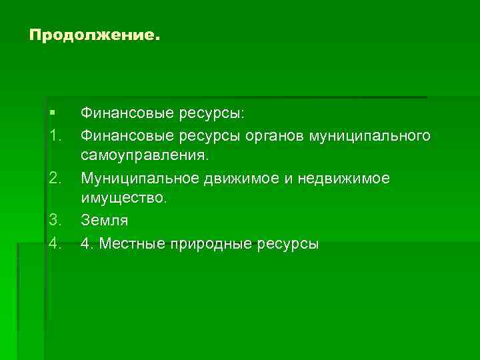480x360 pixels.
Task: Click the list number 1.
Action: (55, 136)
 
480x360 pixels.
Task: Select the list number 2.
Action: (55, 178)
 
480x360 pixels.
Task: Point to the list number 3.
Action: (55, 219)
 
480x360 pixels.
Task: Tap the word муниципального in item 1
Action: (369, 137)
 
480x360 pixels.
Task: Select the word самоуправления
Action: (145, 157)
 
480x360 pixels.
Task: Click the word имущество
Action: (124, 199)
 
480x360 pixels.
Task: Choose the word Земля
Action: (103, 219)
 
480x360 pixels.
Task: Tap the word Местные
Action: (125, 244)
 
